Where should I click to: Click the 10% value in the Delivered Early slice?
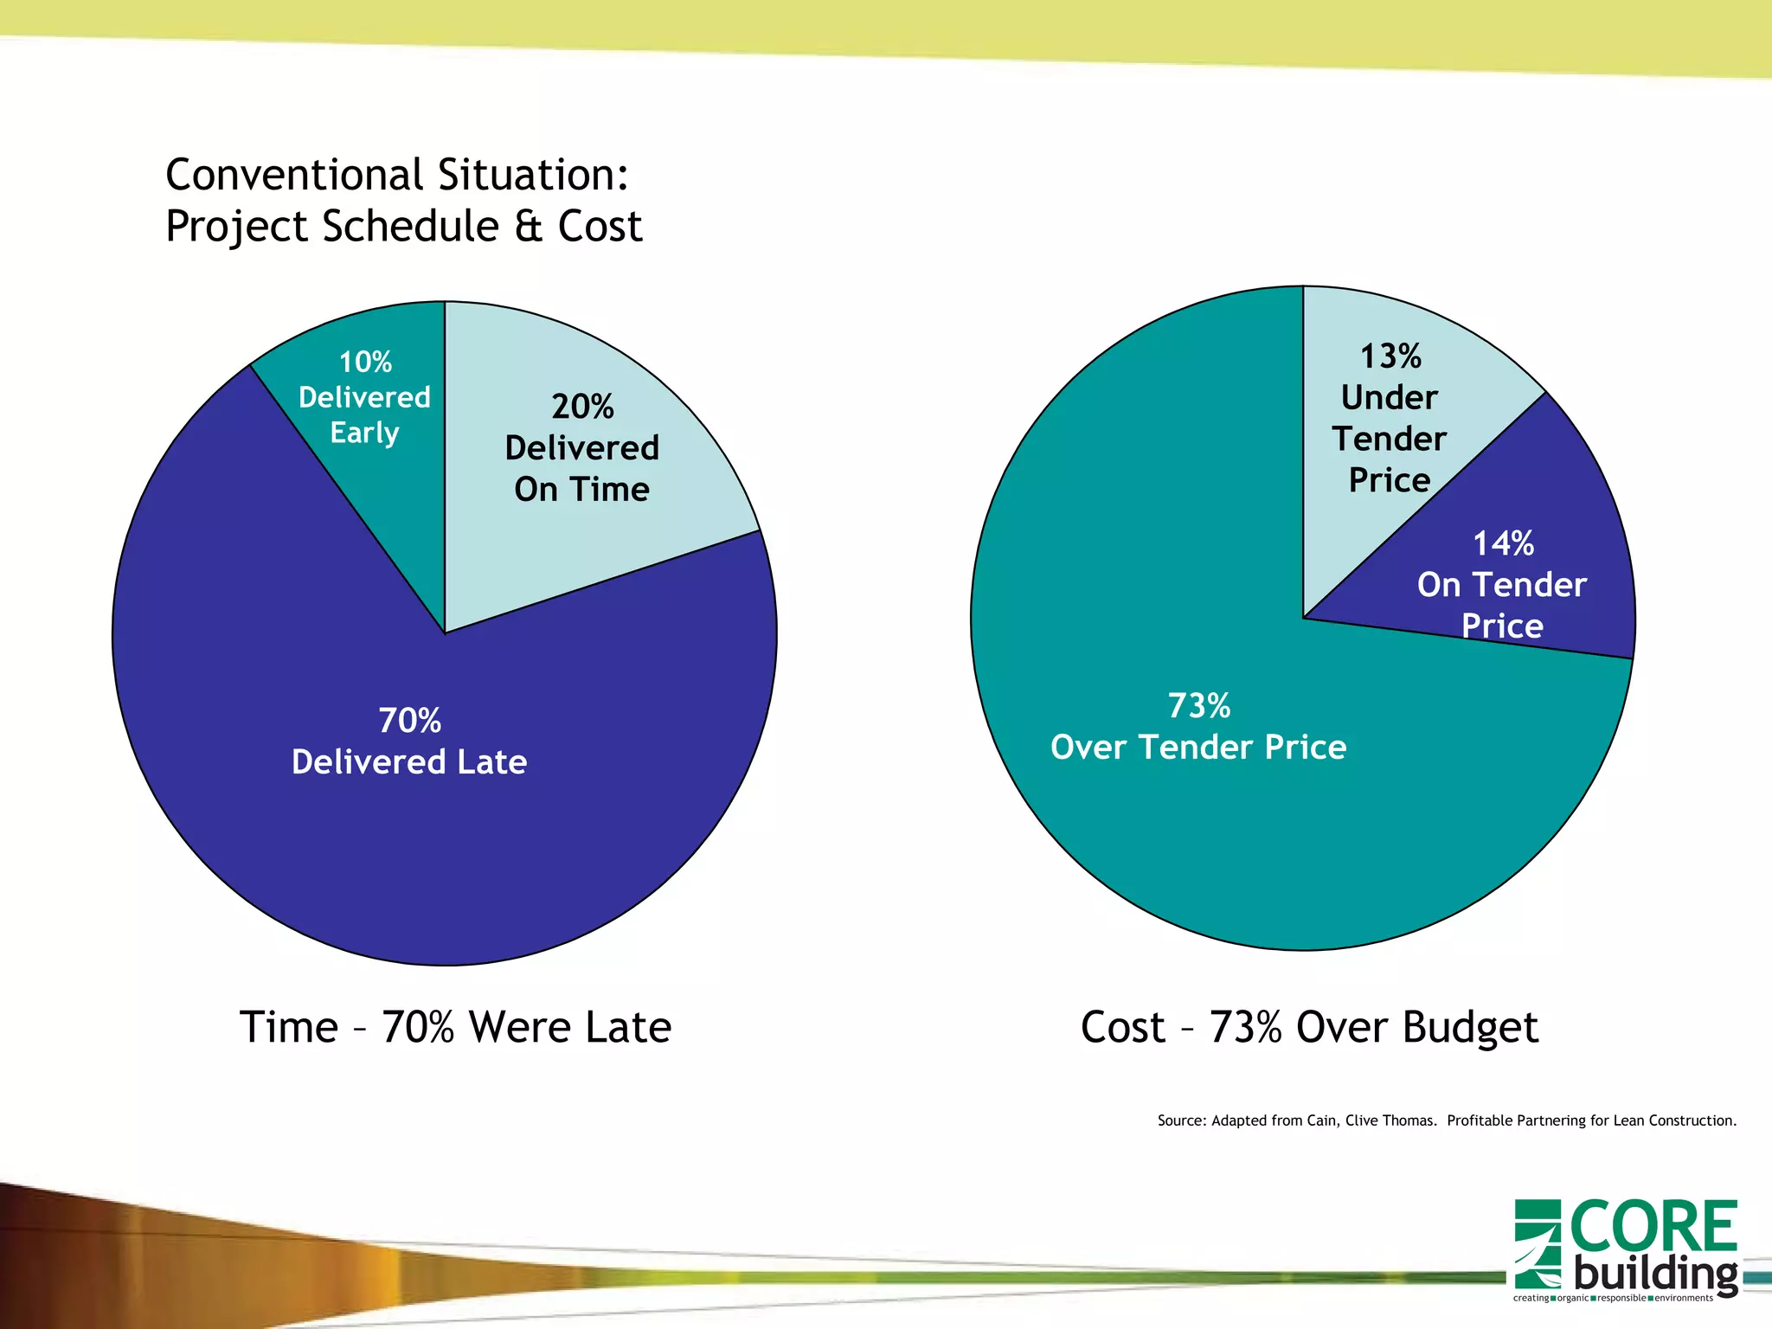(x=364, y=362)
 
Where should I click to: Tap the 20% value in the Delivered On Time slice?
(x=582, y=407)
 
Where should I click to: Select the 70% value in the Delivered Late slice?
(x=409, y=720)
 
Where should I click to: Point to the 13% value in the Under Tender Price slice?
(x=1390, y=356)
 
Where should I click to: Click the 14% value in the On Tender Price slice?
(x=1503, y=543)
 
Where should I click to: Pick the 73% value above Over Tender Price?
(x=1198, y=705)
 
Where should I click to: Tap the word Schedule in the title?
(x=410, y=227)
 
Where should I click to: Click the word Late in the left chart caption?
(x=627, y=1027)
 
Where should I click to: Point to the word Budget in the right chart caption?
(x=1470, y=1028)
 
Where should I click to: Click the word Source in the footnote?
(x=1180, y=1120)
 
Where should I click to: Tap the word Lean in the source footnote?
(x=1628, y=1120)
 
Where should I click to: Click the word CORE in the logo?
(x=1653, y=1227)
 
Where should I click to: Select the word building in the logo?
(x=1655, y=1274)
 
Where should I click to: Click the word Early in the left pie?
(x=364, y=433)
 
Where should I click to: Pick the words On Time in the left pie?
(x=581, y=490)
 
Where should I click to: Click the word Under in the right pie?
(x=1389, y=397)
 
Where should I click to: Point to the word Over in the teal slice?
(x=1087, y=747)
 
